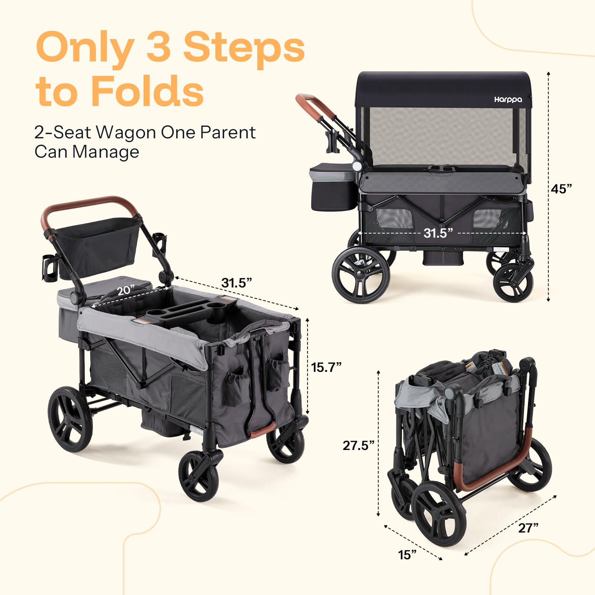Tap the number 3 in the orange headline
click(158, 47)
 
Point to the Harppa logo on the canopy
click(508, 99)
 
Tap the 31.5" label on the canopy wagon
click(438, 233)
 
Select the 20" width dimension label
click(126, 290)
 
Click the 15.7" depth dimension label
click(326, 367)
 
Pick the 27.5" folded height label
click(358, 445)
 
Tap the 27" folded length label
click(528, 528)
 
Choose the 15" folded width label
click(407, 555)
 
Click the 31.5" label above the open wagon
click(237, 283)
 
